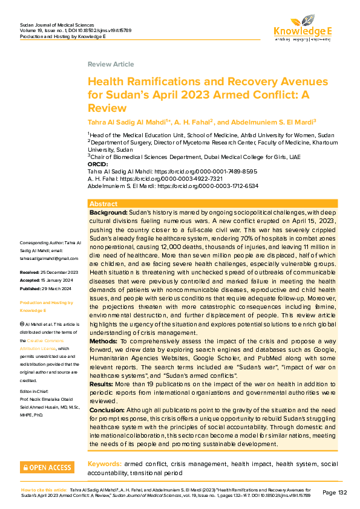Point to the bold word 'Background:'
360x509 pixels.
click(x=108, y=213)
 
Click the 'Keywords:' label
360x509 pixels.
click(x=103, y=464)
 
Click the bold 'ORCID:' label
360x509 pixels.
click(x=98, y=164)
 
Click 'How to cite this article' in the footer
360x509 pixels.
click(x=44, y=490)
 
